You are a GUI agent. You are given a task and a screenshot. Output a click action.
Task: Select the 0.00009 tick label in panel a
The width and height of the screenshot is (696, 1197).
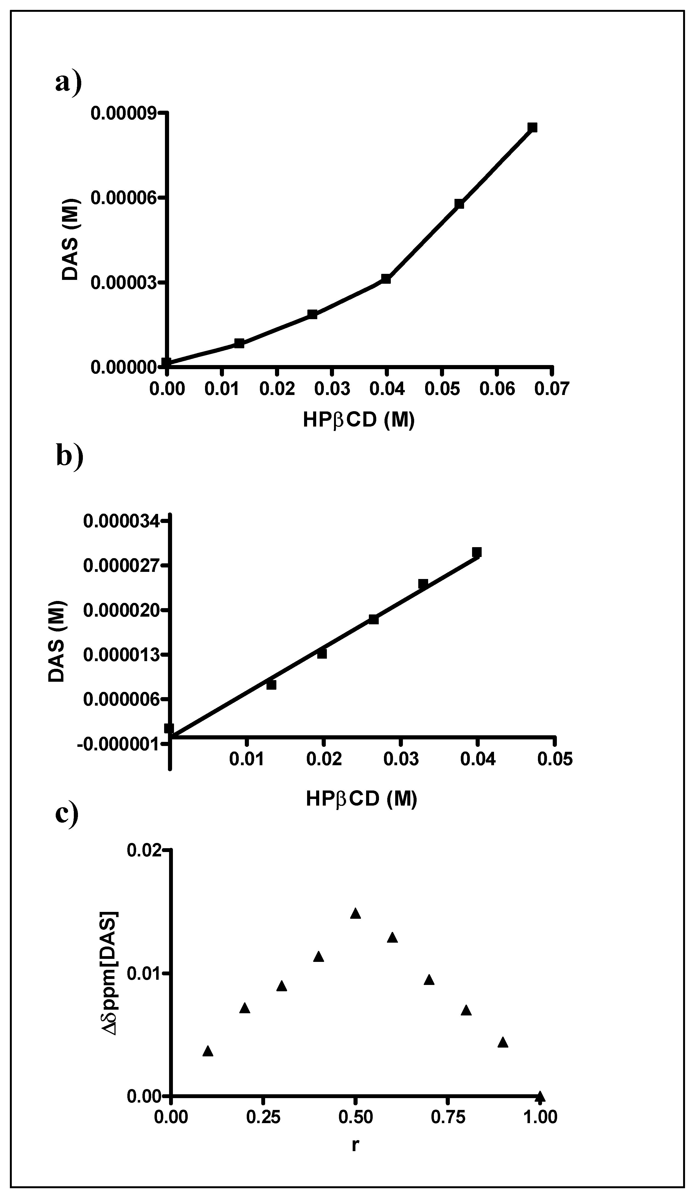124,113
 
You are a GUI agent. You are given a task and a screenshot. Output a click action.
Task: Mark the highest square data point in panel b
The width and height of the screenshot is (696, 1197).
477,552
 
